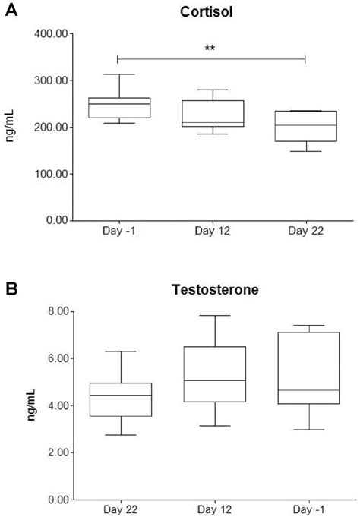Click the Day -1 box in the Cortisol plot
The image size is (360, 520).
point(118,108)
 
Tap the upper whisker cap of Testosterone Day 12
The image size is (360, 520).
point(215,316)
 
